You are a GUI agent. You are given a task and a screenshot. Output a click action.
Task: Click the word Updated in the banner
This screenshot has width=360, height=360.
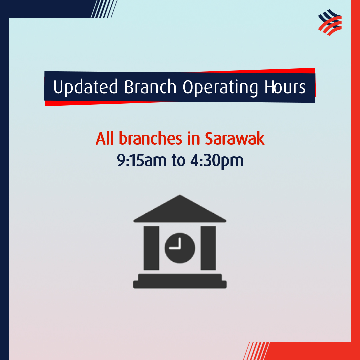tap(85, 87)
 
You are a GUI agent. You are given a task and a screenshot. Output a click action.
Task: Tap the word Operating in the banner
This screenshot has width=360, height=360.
tap(220, 87)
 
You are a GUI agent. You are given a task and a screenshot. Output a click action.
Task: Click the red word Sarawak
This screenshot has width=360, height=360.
tap(235, 138)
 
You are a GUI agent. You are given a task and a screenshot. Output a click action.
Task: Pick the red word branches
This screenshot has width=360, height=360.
tap(150, 138)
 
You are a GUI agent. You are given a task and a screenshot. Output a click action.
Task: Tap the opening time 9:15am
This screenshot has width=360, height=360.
tap(142, 160)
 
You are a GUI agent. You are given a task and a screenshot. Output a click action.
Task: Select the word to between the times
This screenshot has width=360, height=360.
tap(178, 160)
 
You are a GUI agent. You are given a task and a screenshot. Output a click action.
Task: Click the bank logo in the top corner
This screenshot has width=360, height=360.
tap(330, 22)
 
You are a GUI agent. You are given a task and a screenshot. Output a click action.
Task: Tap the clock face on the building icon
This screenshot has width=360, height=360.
tap(180, 248)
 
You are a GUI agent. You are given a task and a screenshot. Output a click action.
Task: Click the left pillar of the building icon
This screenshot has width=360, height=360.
tap(151, 248)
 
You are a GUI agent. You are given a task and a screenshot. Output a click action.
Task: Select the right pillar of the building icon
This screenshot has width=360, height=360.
tap(208, 248)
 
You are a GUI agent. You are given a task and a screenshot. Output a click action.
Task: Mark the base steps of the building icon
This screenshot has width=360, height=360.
tap(180, 281)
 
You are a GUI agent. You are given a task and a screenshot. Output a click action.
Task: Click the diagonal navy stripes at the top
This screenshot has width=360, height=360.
tap(104, 9)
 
